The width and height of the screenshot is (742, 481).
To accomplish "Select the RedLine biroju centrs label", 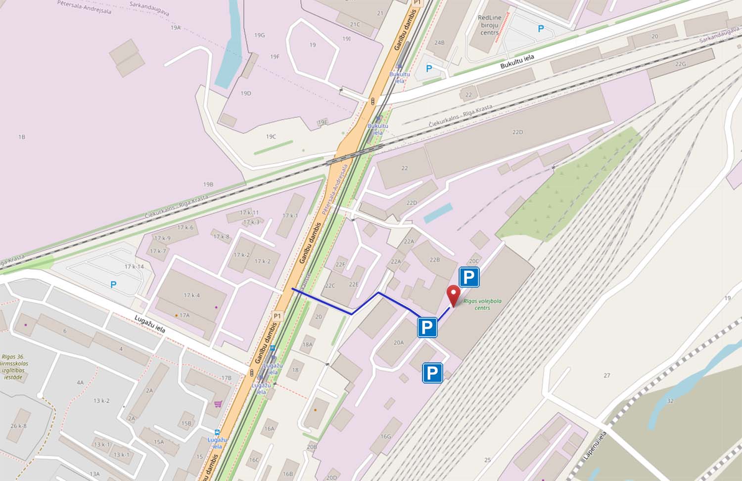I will [490, 25].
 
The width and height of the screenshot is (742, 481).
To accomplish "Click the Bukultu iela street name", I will [517, 62].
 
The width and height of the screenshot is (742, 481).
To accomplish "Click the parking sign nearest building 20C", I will [469, 277].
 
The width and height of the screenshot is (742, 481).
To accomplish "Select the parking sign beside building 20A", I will [427, 327].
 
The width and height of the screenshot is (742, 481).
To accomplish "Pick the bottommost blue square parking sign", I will [432, 373].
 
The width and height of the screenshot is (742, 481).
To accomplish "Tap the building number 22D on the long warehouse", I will [517, 132].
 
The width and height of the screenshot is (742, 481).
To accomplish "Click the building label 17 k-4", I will [191, 296].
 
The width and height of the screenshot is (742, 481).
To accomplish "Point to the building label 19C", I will [271, 136].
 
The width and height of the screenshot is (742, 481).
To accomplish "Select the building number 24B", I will [439, 43].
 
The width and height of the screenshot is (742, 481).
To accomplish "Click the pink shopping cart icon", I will [218, 404].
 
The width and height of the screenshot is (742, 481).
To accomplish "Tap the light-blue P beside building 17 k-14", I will [113, 284].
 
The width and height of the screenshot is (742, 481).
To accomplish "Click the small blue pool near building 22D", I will [438, 213].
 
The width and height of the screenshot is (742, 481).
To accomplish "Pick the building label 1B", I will [21, 137].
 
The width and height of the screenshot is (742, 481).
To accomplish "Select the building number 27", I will [606, 376].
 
